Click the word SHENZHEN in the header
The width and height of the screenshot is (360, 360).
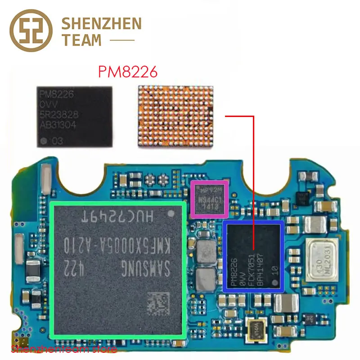click(101, 23)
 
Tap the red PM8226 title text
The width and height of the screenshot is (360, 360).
click(128, 72)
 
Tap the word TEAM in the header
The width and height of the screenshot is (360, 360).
click(81, 40)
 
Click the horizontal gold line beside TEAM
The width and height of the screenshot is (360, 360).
click(122, 40)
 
